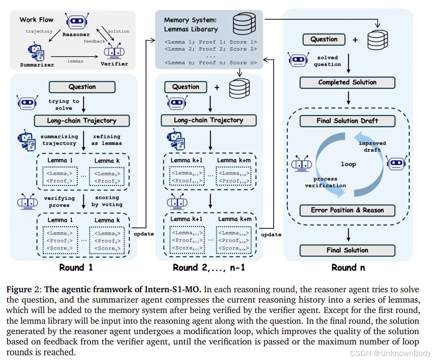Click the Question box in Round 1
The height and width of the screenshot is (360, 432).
(x=82, y=87)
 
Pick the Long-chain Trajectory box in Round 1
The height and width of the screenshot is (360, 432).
(x=82, y=120)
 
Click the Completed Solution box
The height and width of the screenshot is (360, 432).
(x=347, y=83)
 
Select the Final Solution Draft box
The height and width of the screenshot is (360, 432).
(x=347, y=121)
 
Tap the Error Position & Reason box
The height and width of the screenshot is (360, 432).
(x=347, y=210)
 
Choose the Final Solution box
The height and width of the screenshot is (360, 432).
(x=347, y=250)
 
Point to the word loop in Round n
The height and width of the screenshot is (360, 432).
(x=348, y=164)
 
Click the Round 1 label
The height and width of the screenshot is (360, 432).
(x=76, y=268)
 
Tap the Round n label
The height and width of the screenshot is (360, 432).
(x=348, y=268)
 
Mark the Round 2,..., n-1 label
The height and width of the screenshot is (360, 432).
(x=209, y=268)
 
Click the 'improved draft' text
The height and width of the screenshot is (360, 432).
(x=372, y=146)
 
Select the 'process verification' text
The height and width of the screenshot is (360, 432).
(x=325, y=182)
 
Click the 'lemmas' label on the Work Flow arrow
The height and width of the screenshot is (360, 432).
(x=75, y=61)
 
